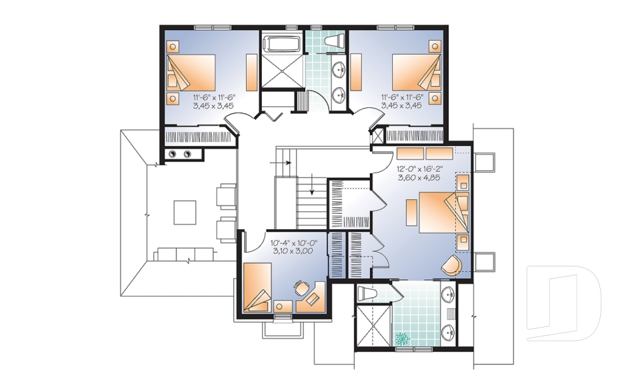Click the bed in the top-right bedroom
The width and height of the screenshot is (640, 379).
[x=417, y=73]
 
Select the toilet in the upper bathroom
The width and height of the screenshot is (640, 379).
[x=333, y=42]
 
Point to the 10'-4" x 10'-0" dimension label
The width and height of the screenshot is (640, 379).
[x=294, y=242]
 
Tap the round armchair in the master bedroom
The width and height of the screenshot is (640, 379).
[x=451, y=265]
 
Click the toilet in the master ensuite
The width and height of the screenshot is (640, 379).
[x=367, y=293]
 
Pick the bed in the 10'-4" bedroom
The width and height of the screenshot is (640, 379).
[x=257, y=288]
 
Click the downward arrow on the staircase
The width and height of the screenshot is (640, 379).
[x=312, y=183]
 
